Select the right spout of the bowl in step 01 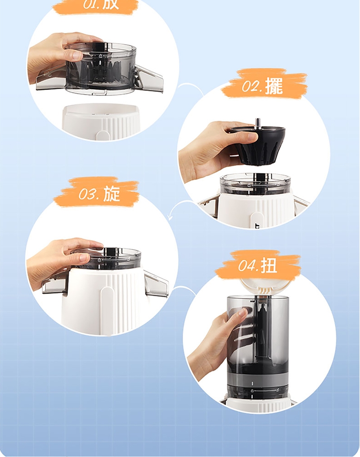pos(148,79)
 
